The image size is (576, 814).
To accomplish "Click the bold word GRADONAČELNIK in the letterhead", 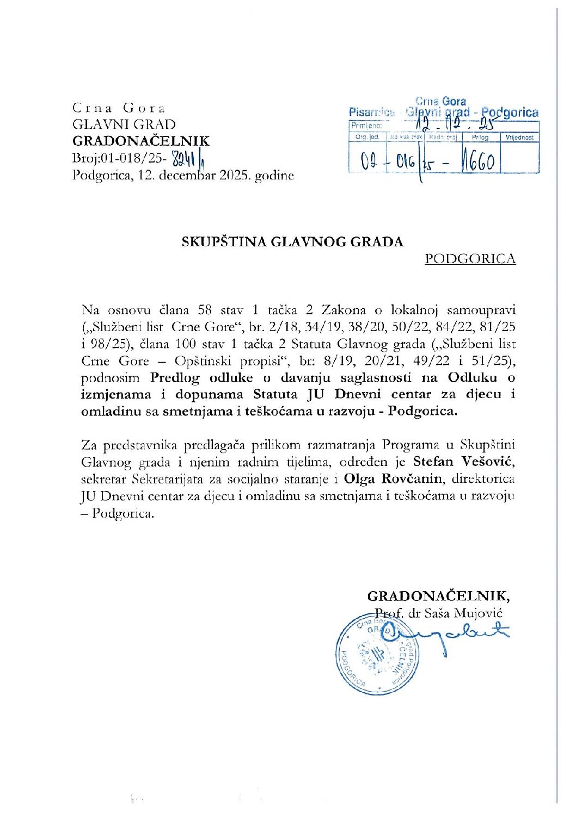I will coord(140,141).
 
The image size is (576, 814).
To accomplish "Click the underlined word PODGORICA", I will coord(470,259).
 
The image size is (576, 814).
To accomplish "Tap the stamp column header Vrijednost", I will coord(519,138).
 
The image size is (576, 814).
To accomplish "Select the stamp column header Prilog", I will coord(480,138).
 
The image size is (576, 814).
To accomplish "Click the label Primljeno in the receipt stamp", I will coord(366,126).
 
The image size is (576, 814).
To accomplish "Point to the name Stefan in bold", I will coord(433,462).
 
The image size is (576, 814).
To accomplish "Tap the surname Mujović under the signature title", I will coord(479,613).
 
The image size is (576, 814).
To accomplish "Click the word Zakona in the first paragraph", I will coord(344,310).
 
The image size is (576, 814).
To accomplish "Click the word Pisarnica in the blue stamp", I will coord(371,112).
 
